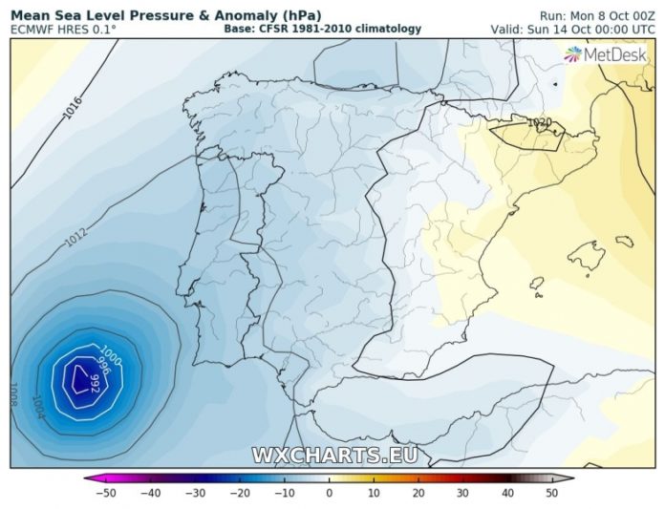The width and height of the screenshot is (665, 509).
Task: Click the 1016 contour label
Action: (x=73, y=109)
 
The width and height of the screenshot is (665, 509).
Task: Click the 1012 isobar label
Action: (x=75, y=238)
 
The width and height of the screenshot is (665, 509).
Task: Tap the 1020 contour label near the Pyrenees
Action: (x=540, y=122)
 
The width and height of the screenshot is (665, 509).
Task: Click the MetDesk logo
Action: (x=606, y=54)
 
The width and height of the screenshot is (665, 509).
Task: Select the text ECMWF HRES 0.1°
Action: (x=64, y=30)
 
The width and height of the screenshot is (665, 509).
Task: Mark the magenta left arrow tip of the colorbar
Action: (x=87, y=478)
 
